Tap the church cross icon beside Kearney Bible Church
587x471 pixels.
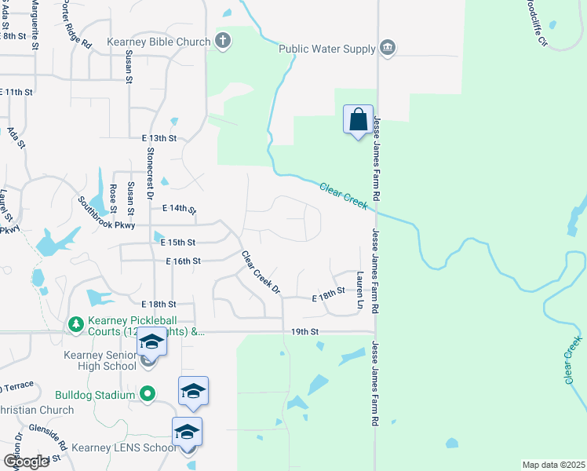223,42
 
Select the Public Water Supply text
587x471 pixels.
327,49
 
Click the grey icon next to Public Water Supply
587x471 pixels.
387,49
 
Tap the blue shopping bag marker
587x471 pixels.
359,121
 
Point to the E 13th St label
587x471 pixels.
159,137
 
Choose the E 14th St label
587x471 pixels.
178,210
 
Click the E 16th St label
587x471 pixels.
184,261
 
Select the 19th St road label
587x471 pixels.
304,332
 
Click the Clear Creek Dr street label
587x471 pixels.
261,272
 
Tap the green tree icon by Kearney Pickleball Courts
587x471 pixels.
75,323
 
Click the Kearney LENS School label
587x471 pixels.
124,447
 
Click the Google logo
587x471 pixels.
27,462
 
